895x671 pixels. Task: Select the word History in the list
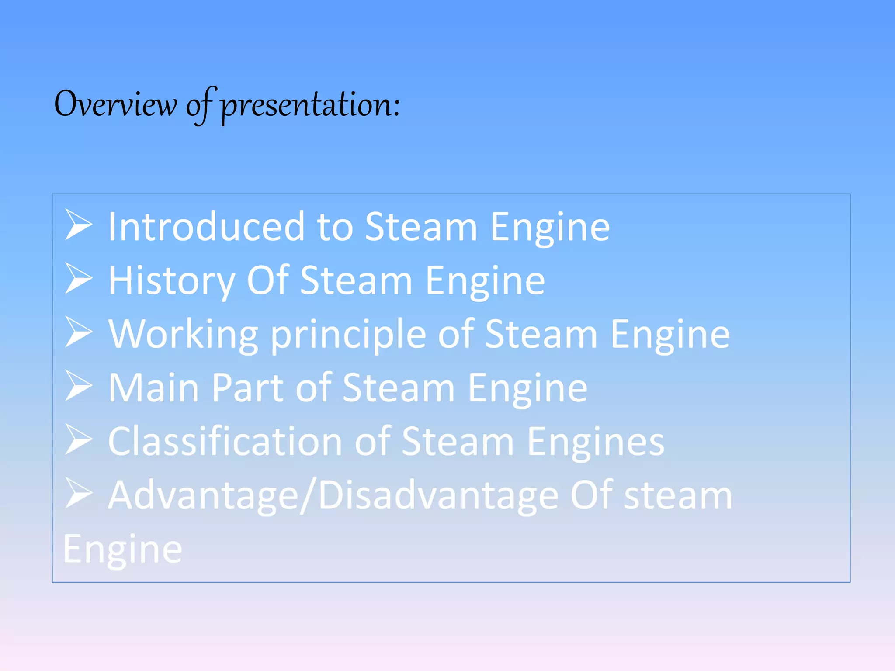pyautogui.click(x=171, y=281)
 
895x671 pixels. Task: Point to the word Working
pyautogui.click(x=183, y=335)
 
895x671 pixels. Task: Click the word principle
pyautogui.click(x=348, y=335)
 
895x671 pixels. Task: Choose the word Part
pyautogui.click(x=248, y=388)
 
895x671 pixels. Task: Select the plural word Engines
pyautogui.click(x=595, y=442)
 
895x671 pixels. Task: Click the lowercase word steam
pyautogui.click(x=678, y=495)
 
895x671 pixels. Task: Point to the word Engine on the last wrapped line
pyautogui.click(x=122, y=550)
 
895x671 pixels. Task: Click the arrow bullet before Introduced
pyautogui.click(x=79, y=225)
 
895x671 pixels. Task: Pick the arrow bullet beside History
pyautogui.click(x=79, y=278)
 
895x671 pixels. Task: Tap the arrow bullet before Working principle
pyautogui.click(x=79, y=332)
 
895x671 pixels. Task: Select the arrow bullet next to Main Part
pyautogui.click(x=79, y=386)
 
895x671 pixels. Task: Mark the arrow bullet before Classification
pyautogui.click(x=79, y=439)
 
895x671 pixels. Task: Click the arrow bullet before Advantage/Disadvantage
pyautogui.click(x=79, y=493)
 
